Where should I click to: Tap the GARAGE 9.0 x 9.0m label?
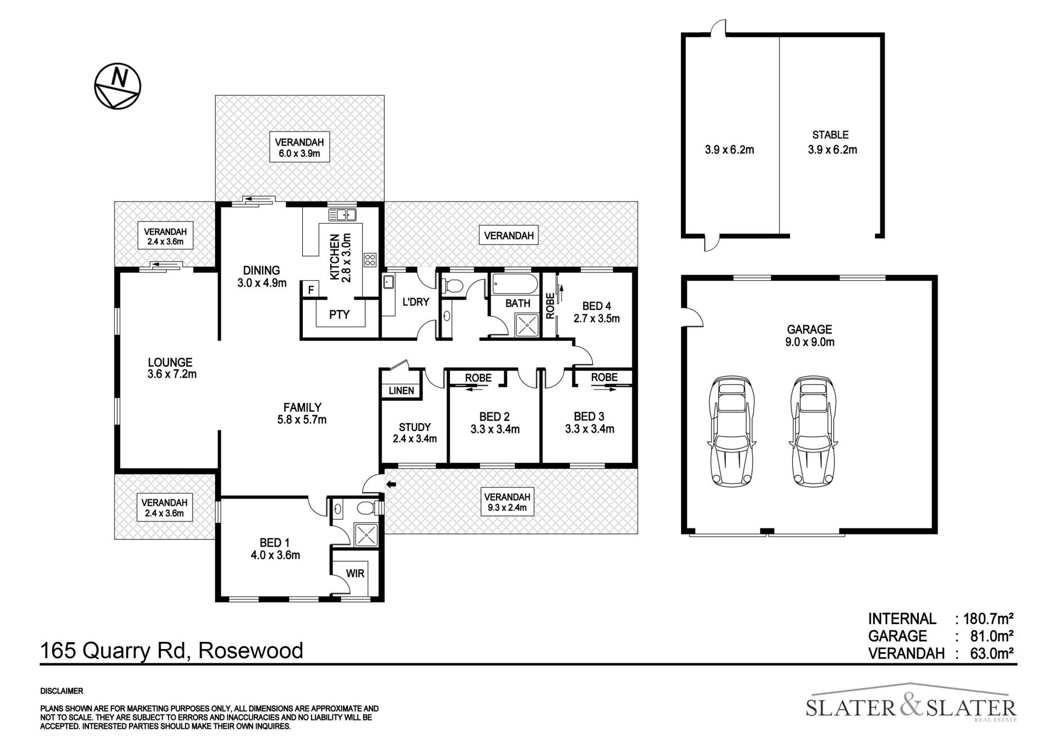pos(809,336)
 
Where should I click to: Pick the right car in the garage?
pos(812,431)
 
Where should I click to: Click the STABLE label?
pos(830,135)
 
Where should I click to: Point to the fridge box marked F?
pos(311,289)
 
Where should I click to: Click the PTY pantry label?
pos(339,315)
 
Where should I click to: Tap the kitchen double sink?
pos(342,215)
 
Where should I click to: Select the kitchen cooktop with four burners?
pos(370,260)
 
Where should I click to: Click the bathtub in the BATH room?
pos(515,283)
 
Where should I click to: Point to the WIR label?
pos(355,574)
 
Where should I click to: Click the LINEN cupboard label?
pos(401,391)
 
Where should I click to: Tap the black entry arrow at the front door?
pos(391,484)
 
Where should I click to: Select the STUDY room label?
pos(415,427)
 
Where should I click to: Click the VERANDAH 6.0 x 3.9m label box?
pos(299,147)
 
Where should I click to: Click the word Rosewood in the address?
pos(250,651)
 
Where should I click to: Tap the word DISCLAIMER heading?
pos(62,691)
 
